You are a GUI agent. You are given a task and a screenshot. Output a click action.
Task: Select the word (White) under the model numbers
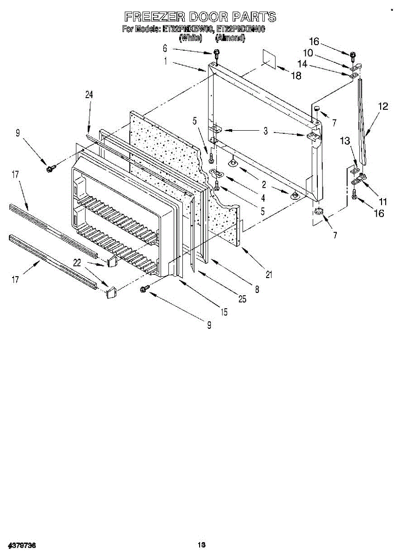[x=190, y=38]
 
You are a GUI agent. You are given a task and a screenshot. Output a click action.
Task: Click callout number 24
[x=89, y=94]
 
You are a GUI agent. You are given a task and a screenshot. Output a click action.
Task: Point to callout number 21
[x=268, y=274]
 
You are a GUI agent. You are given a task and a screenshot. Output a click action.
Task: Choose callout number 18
[x=296, y=76]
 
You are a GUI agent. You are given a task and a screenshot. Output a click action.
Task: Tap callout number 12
[x=382, y=106]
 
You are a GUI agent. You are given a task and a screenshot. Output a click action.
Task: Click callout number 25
[x=242, y=299]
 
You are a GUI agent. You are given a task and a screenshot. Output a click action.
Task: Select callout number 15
[x=224, y=312]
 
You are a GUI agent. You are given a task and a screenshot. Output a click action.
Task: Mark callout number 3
[x=265, y=132]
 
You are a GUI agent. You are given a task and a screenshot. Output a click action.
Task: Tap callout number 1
[x=166, y=60]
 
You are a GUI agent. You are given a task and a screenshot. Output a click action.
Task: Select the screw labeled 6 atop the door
[x=216, y=53]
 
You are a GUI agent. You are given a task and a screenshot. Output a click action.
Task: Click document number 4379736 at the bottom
[x=22, y=545]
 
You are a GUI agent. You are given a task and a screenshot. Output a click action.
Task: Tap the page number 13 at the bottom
[x=201, y=545]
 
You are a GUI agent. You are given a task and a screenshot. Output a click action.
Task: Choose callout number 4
[x=263, y=197]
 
